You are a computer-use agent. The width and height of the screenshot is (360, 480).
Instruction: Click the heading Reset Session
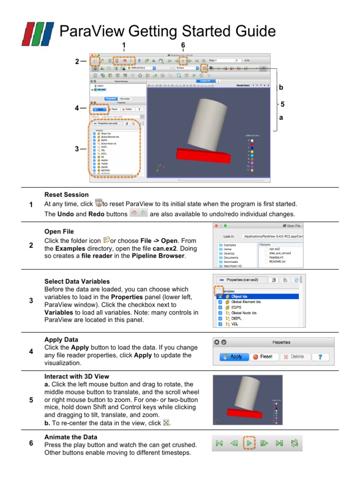click(66, 195)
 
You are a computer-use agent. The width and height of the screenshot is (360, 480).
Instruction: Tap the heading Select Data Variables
click(77, 281)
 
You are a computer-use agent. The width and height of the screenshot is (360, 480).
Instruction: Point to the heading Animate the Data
click(71, 437)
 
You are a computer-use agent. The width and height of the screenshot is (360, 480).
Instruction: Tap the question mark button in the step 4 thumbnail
click(320, 356)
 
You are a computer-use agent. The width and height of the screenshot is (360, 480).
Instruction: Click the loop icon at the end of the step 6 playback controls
click(295, 443)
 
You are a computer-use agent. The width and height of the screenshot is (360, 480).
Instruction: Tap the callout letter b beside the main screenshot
click(281, 88)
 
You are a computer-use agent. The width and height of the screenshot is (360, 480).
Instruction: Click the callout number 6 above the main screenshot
click(183, 45)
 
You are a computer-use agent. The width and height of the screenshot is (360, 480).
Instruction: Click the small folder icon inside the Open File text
click(106, 240)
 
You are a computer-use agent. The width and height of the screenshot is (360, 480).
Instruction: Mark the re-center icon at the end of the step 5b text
click(165, 423)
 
